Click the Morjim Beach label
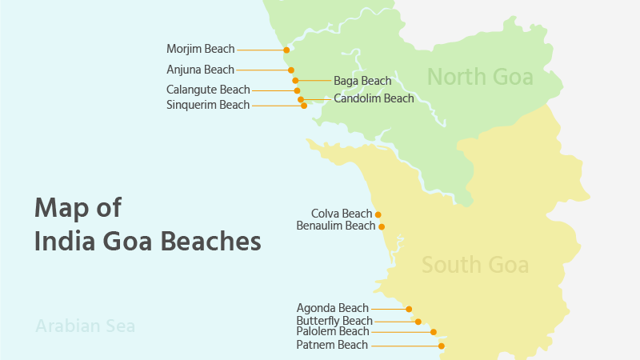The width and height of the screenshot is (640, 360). point(200,50)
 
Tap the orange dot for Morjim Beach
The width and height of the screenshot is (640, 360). point(286,50)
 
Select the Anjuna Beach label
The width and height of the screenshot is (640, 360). point(200,70)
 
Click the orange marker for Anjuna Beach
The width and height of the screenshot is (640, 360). point(291,70)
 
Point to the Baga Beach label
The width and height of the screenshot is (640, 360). point(362,81)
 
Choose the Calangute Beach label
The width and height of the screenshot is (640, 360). point(208,90)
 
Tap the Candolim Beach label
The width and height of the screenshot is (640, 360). point(374,99)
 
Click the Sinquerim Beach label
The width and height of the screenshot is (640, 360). point(208,105)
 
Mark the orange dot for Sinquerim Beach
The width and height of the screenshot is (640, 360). point(304,106)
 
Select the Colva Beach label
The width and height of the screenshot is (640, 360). point(342,214)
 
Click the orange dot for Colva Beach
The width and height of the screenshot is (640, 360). point(378,214)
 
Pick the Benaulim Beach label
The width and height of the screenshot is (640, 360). point(335,226)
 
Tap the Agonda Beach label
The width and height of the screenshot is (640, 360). point(332,308)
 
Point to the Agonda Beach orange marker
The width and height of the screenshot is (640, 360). point(409,309)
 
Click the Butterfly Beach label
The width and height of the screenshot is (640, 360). point(334,321)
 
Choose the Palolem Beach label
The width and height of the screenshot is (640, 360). point(332,332)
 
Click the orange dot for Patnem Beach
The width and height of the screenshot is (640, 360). point(441,346)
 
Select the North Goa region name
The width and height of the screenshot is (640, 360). point(479,78)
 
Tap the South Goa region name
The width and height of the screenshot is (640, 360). point(475,265)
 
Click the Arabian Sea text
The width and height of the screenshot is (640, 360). point(85,326)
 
